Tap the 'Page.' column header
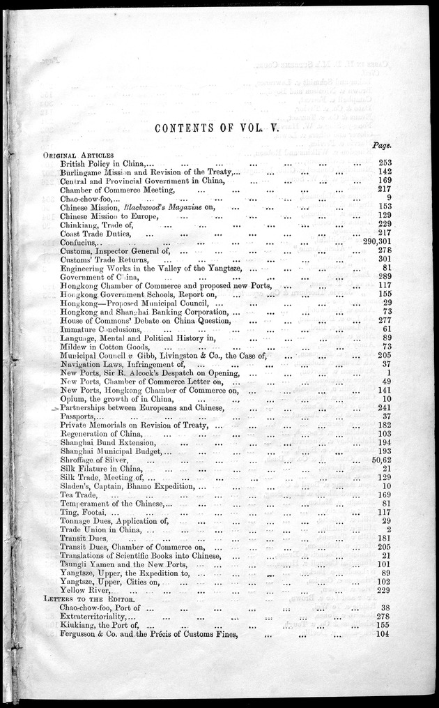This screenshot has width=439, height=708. [380, 146]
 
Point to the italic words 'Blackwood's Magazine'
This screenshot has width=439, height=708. [164, 206]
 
